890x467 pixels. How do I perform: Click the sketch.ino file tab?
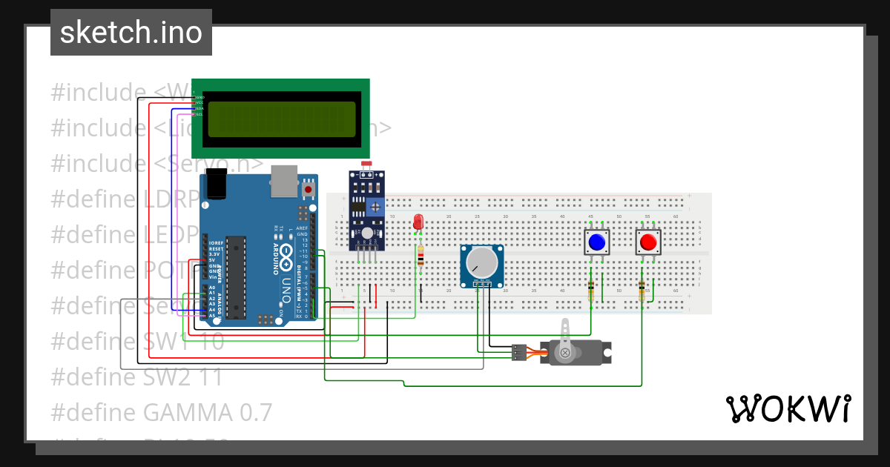[x=131, y=33]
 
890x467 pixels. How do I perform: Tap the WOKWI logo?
[x=788, y=408]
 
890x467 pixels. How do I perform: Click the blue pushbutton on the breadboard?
[x=596, y=242]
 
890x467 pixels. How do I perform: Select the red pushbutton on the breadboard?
[x=647, y=242]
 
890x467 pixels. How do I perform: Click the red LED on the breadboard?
[x=418, y=222]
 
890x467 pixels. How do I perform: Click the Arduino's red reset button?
[x=308, y=190]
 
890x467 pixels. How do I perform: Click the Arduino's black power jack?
[x=214, y=185]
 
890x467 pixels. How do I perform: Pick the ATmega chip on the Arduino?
[x=236, y=275]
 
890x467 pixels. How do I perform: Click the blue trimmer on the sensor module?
[x=377, y=206]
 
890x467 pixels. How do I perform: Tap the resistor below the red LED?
[x=421, y=256]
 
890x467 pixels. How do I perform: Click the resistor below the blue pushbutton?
[x=591, y=291]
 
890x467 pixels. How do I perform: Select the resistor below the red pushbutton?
[x=642, y=291]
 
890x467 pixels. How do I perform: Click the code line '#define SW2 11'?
[x=137, y=377]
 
